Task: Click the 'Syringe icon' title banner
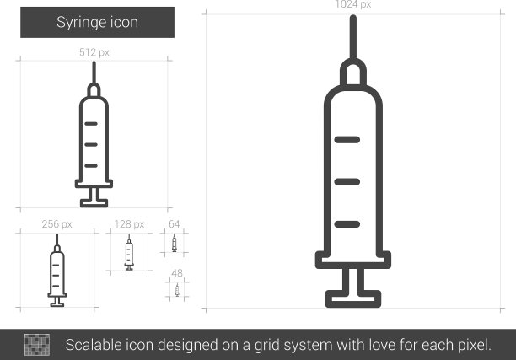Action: [x=98, y=23]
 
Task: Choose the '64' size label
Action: [x=174, y=224]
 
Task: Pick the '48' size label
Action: [x=177, y=273]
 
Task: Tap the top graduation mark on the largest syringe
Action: [x=347, y=140]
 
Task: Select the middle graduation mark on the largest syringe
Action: [x=347, y=181]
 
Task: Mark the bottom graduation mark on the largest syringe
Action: [x=347, y=224]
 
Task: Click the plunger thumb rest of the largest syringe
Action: [x=353, y=298]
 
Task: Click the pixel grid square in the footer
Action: [x=37, y=345]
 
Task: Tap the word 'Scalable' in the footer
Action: [x=89, y=345]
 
